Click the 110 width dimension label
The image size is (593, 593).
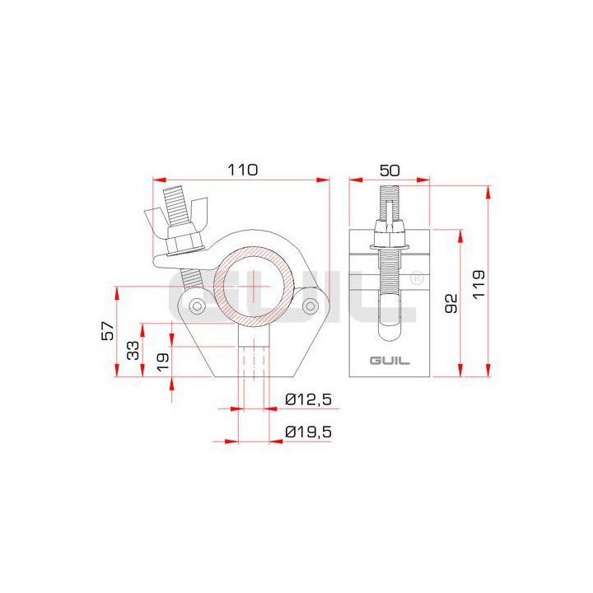coord(243,170)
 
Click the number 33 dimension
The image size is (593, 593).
coord(132,350)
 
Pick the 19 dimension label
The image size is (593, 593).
coord(162,359)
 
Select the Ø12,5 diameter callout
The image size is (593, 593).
coord(308,399)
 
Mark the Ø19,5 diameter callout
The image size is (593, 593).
coord(308,432)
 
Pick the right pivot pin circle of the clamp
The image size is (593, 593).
coord(310,307)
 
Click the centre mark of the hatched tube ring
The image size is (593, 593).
coord(254,285)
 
